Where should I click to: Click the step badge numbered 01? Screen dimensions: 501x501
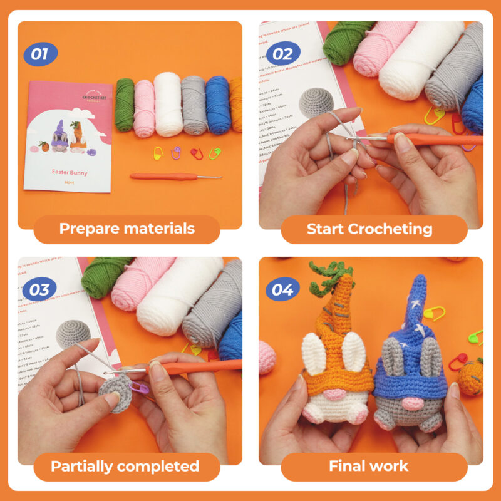(40, 54)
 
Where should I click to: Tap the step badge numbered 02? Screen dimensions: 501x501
(282, 53)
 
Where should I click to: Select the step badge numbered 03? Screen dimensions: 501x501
(40, 290)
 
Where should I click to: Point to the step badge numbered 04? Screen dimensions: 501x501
(282, 290)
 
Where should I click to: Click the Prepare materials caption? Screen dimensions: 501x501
(127, 229)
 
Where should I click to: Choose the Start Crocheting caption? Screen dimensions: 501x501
(369, 229)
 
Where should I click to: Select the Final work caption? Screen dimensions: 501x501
(369, 466)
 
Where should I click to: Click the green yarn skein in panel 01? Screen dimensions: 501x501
(125, 105)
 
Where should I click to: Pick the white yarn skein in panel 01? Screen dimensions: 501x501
(168, 105)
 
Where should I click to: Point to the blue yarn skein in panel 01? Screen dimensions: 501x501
(218, 105)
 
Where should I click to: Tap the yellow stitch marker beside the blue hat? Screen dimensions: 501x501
(434, 312)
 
